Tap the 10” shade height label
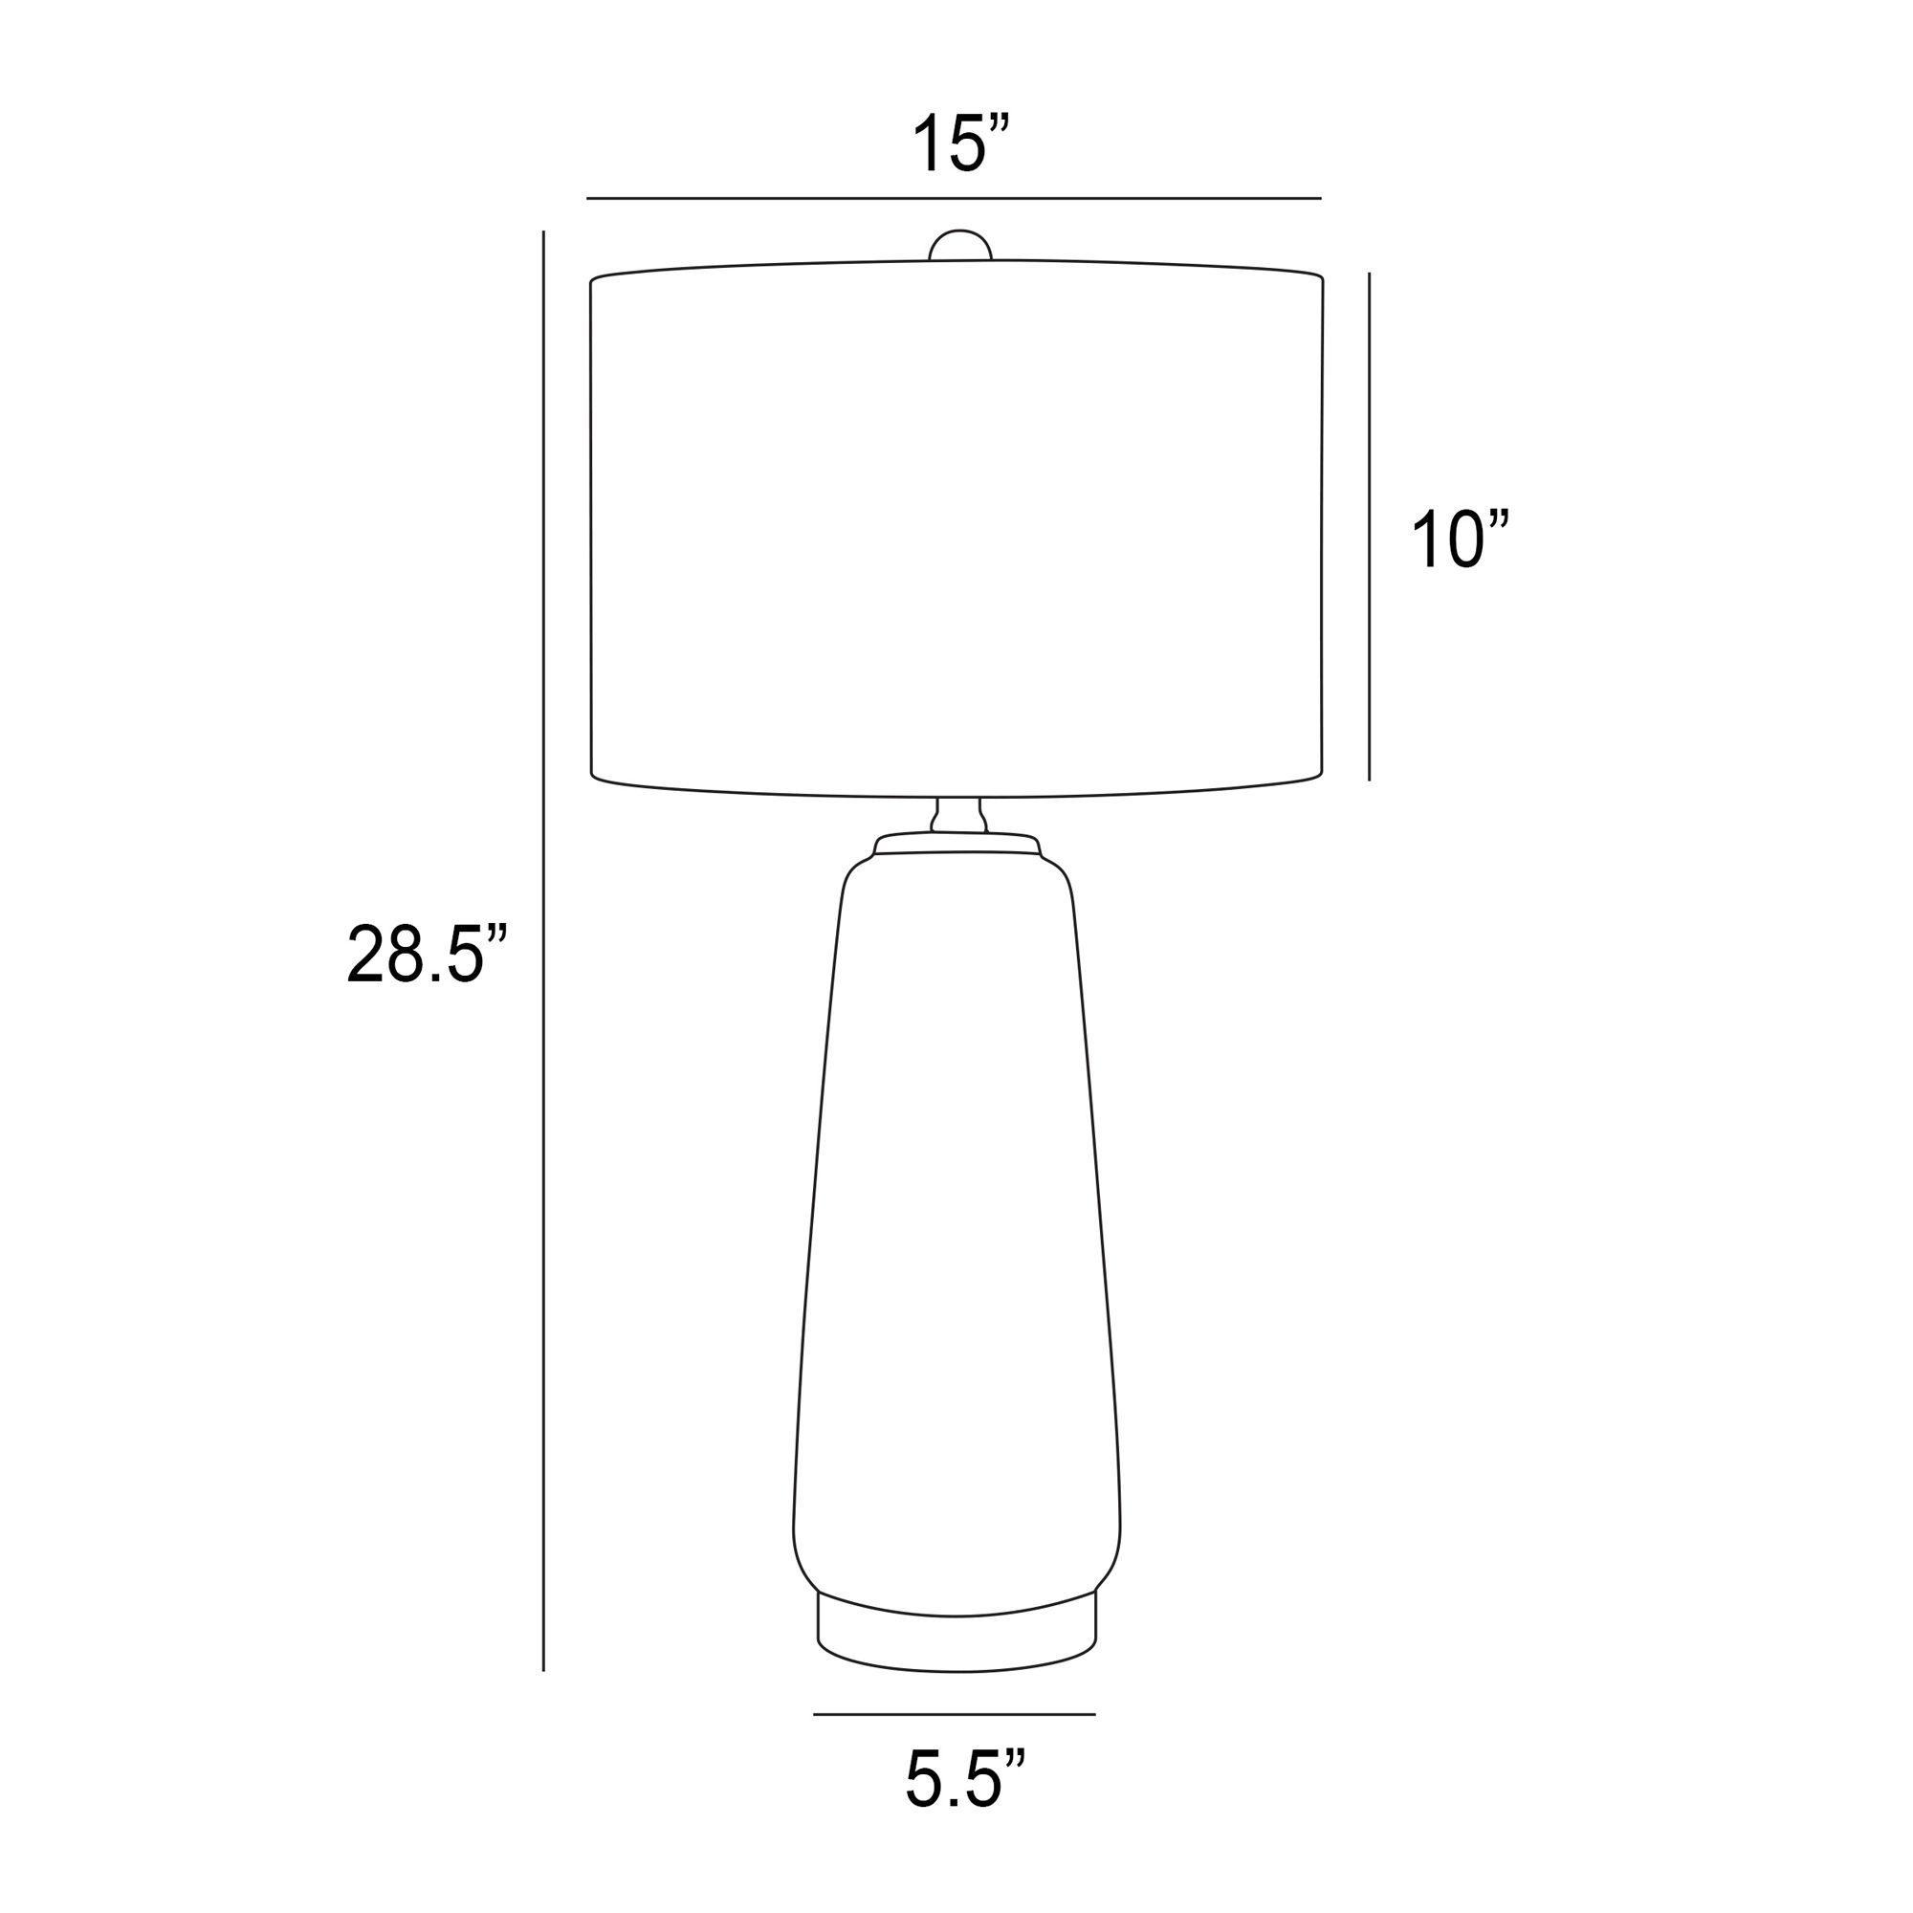click(x=1461, y=539)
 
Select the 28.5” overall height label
click(x=427, y=953)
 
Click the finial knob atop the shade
click(x=959, y=246)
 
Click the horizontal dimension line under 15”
click(x=954, y=199)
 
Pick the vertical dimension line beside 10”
click(x=1370, y=527)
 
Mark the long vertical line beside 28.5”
click(x=543, y=951)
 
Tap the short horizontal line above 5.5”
click(x=955, y=1714)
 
